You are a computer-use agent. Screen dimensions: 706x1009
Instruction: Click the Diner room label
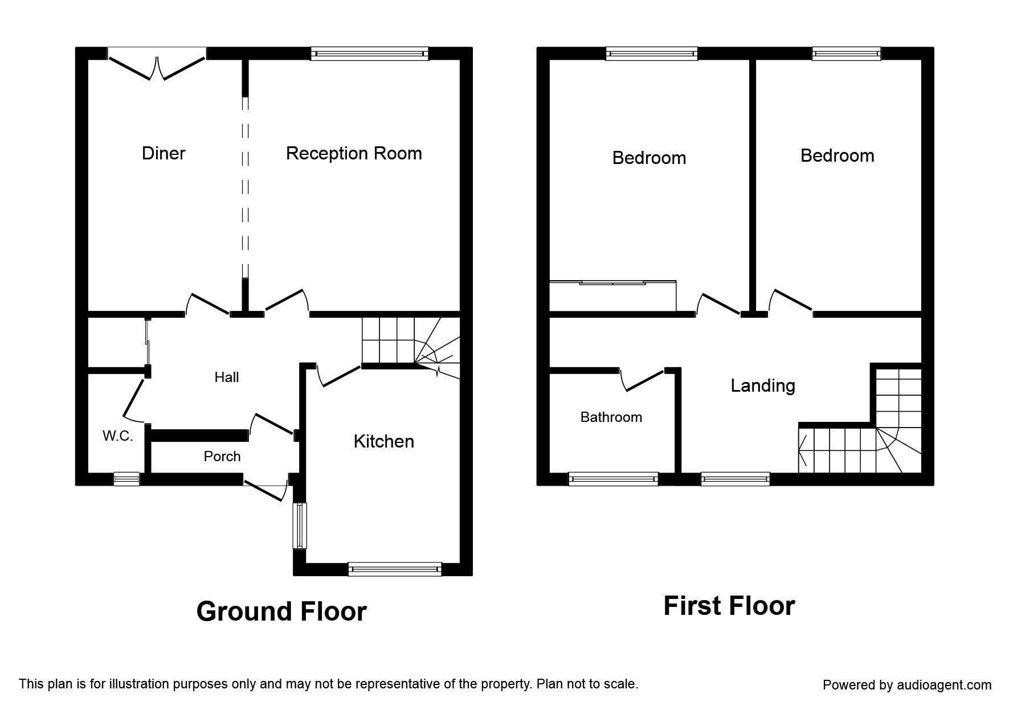tap(164, 153)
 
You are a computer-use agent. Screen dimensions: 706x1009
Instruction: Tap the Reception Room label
tap(354, 153)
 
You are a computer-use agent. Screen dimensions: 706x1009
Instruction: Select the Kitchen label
tap(383, 441)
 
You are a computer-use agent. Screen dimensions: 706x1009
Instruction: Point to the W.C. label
tap(118, 436)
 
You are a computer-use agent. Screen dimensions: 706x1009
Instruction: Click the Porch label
tap(222, 456)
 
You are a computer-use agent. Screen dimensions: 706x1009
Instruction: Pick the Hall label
tap(226, 377)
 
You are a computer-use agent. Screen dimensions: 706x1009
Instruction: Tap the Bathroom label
tap(611, 417)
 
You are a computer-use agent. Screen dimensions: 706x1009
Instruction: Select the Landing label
tap(763, 385)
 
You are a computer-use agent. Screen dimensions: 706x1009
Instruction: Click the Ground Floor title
tap(281, 611)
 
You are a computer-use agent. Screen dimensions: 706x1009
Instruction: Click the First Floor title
tap(729, 606)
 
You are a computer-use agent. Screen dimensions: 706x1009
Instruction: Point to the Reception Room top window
tap(370, 54)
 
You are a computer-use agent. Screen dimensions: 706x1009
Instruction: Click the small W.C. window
tap(126, 479)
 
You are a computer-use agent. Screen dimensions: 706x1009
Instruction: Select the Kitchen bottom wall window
tap(395, 568)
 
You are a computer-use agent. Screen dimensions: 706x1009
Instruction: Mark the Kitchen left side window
tap(300, 526)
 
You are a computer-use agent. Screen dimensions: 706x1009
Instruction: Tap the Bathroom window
tap(614, 479)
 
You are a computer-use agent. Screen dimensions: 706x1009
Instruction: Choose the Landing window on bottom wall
tap(735, 479)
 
